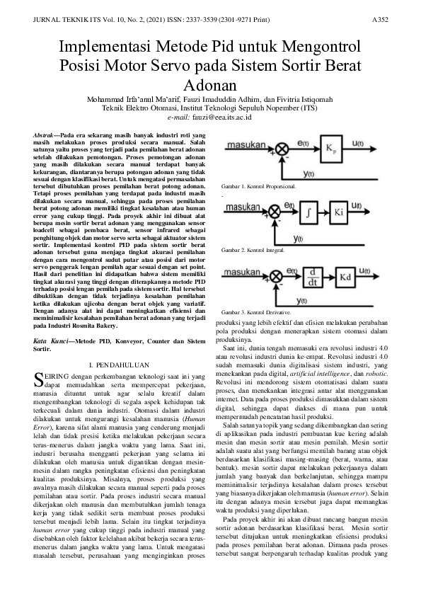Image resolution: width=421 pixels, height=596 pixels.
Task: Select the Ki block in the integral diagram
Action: pyautogui.click(x=341, y=212)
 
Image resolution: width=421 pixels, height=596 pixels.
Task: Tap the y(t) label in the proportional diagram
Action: pyautogui.click(x=308, y=174)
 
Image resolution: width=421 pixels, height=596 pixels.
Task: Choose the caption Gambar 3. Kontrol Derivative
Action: pyautogui.click(x=253, y=311)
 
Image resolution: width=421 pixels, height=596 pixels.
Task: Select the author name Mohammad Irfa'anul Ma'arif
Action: pyautogui.click(x=132, y=100)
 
